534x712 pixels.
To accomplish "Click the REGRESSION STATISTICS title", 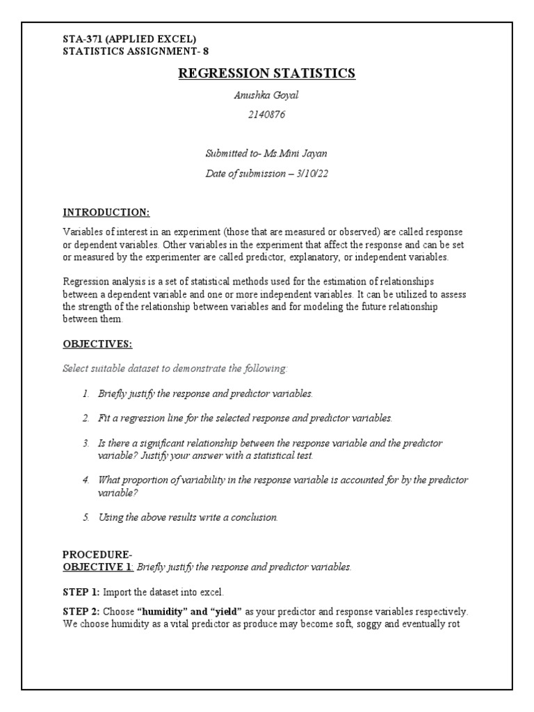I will (x=267, y=74).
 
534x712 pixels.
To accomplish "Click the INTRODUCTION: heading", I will (x=106, y=211).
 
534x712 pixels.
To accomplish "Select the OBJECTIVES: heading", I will (x=97, y=343).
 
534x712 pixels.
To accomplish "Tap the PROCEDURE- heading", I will (x=97, y=554).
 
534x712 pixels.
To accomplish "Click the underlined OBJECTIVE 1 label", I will (x=98, y=567).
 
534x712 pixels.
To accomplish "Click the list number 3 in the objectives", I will (x=86, y=443).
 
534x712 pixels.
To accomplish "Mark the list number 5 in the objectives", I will (x=86, y=517).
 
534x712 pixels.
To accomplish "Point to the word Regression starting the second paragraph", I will (x=87, y=282).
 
